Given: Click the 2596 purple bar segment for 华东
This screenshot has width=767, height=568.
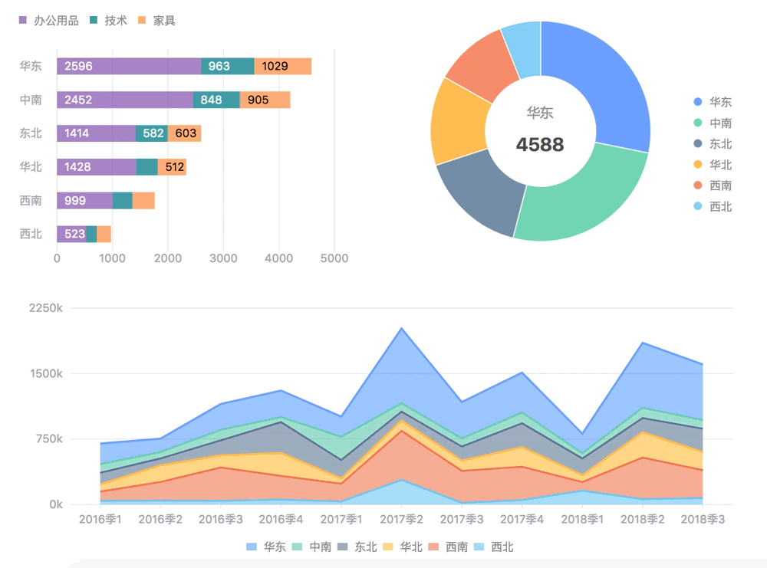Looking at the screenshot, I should [x=129, y=66].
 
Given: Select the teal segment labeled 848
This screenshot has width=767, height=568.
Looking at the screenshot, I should [x=216, y=100].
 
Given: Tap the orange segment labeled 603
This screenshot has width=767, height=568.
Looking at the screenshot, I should [x=185, y=133].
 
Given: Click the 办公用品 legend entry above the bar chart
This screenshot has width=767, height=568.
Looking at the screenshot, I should [x=49, y=21].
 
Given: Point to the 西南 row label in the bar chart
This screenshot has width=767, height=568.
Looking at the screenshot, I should [x=31, y=201].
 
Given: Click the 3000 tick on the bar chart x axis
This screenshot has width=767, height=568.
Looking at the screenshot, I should [x=223, y=258].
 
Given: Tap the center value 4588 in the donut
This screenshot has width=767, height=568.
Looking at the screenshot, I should [x=540, y=144].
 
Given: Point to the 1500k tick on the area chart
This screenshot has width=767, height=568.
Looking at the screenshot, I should [x=45, y=374].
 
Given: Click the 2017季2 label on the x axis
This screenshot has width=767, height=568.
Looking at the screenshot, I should [x=401, y=520].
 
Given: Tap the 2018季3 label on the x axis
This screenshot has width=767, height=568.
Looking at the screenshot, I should [x=703, y=520].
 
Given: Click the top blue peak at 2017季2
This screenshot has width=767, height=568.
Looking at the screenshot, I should [x=401, y=328].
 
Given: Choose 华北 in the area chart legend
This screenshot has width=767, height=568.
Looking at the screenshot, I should [x=405, y=547].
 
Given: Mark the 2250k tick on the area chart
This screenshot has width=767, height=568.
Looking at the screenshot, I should [x=45, y=308].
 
